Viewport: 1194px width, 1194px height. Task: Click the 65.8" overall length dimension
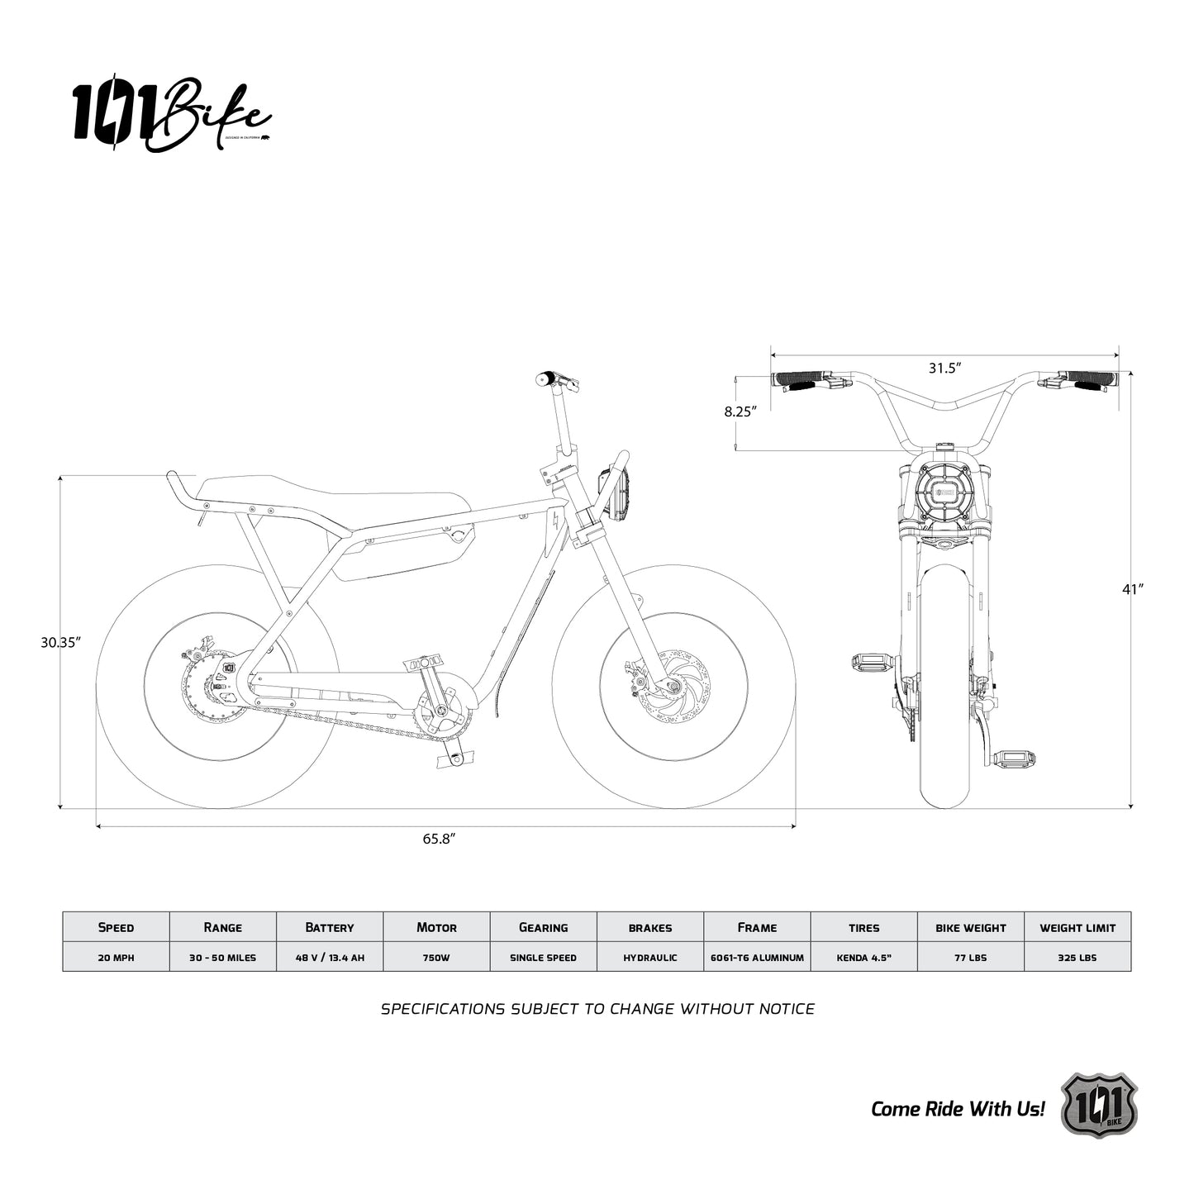pos(440,839)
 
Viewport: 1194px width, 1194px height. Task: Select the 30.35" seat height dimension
pos(60,642)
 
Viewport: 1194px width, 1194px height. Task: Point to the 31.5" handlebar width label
pos(944,368)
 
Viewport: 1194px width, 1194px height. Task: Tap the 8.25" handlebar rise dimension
pos(740,411)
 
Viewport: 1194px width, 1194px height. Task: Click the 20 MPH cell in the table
pos(116,958)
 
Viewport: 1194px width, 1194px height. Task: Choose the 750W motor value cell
pos(436,958)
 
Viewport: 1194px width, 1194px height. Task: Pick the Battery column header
pos(329,927)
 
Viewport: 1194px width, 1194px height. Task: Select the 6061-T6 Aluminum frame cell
pos(757,958)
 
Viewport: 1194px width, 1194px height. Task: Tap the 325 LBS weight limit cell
pos(1077,958)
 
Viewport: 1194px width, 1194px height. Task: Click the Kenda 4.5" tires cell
pos(863,958)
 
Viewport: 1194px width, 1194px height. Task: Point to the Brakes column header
pos(650,927)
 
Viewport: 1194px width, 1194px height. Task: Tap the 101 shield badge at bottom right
pos(1098,1106)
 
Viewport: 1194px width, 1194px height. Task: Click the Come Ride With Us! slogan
pos(958,1109)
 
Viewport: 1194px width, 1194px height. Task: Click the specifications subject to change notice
pos(597,1009)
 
